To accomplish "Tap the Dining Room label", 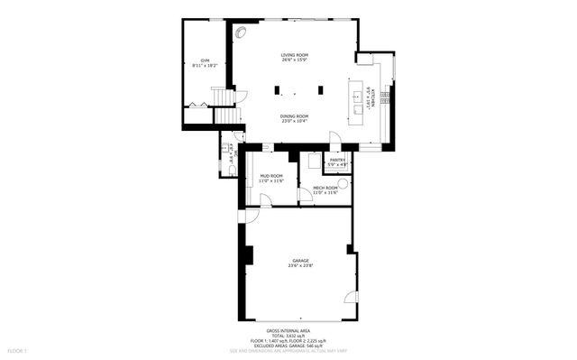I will tap(294, 118).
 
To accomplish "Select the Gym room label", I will tap(205, 63).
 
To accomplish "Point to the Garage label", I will tap(299, 263).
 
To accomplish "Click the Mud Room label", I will tap(271, 178).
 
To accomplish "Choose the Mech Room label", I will tap(325, 189).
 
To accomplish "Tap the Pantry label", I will tap(337, 162).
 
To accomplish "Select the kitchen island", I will tap(357, 98).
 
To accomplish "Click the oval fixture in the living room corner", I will tap(241, 32).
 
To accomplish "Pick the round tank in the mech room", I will tap(343, 181).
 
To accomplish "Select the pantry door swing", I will tap(334, 138).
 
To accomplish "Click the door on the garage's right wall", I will tap(353, 297).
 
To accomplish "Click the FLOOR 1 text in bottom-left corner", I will tap(18, 350).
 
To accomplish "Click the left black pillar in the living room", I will tap(279, 90).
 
